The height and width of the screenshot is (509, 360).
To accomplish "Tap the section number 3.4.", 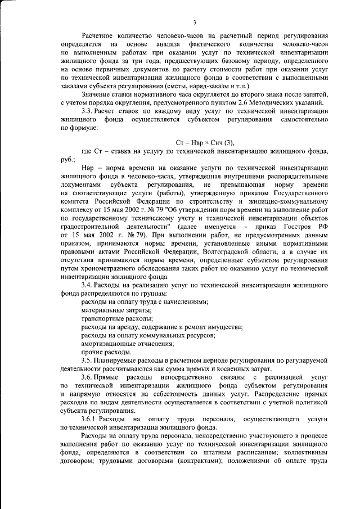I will click(88, 285).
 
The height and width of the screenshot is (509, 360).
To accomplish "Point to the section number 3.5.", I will click(88, 359).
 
